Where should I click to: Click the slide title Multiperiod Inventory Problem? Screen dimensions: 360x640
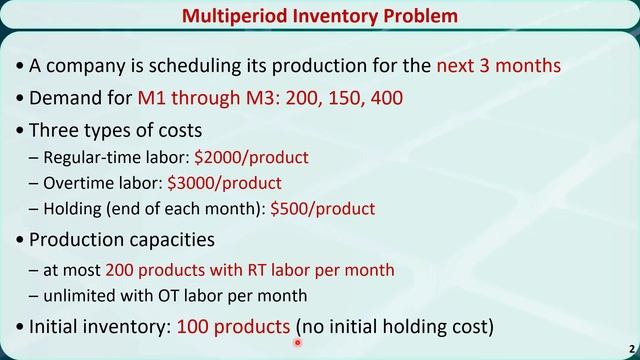tap(320, 16)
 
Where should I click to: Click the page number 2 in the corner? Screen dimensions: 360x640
tap(631, 351)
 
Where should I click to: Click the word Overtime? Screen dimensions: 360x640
tap(78, 183)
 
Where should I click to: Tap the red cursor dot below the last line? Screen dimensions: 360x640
tap(297, 342)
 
